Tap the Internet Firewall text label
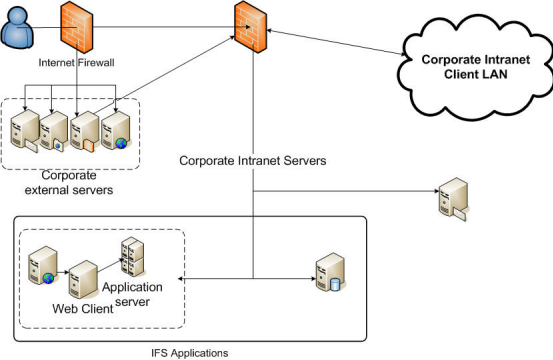click(x=77, y=62)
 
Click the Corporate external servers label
click(x=70, y=182)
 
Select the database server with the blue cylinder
click(x=329, y=272)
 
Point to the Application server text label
click(x=138, y=293)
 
